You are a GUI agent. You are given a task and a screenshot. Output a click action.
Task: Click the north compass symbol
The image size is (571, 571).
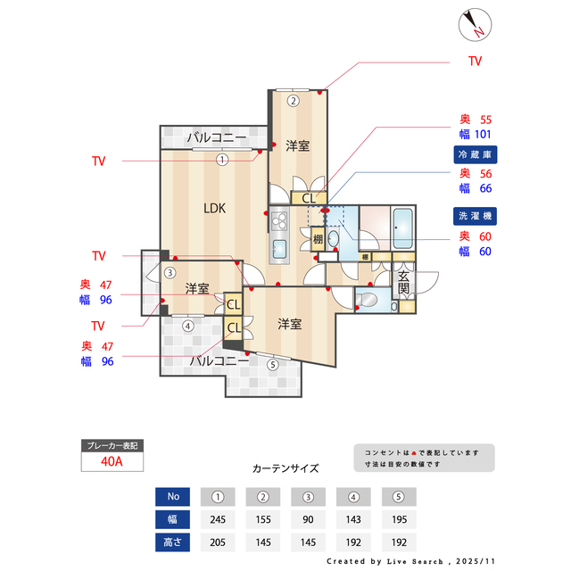coord(474,25)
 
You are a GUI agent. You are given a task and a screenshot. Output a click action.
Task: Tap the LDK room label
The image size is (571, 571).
coord(214,209)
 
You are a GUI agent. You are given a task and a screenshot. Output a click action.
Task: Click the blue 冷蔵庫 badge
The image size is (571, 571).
coord(474,155)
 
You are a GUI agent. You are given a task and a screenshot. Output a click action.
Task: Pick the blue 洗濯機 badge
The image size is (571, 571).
coord(474,216)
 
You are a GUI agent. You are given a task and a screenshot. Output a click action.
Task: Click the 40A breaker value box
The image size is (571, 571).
coord(112,461)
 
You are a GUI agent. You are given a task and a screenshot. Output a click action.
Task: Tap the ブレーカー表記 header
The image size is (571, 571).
coord(112,445)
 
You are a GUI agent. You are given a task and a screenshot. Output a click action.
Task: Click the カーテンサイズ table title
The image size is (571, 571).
coord(285,468)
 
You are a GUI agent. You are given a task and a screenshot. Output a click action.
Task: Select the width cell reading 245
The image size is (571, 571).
coord(218,519)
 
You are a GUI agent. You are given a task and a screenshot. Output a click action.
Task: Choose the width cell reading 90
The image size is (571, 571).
coord(309,519)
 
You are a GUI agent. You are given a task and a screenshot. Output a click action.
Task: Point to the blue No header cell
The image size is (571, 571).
coord(173,496)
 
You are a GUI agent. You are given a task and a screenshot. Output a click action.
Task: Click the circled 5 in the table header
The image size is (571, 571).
coord(399,496)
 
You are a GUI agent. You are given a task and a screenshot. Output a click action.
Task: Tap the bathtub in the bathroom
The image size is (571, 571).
coord(401,228)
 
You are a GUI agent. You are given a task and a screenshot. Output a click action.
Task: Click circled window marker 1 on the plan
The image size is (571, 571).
coord(222,160)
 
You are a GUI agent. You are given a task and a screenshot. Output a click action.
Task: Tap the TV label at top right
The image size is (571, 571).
coord(475,62)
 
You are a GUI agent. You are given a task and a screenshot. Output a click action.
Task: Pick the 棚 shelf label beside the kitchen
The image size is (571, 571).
coord(319,238)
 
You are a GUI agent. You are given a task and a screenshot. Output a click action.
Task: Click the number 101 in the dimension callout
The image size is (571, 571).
coord(482,135)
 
